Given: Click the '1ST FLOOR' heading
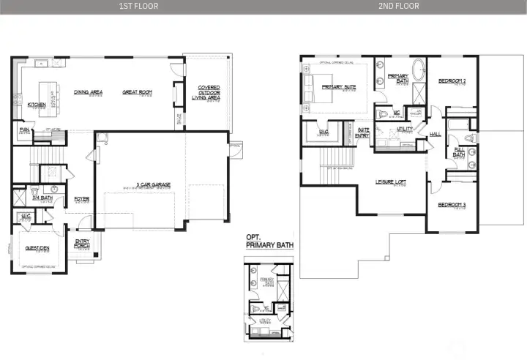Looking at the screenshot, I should point(138,7).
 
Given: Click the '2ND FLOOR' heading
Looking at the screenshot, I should point(399,7).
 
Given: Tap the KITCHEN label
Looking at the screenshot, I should point(37,105).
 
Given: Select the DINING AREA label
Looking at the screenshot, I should point(88,92).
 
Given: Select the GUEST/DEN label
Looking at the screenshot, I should point(37,249).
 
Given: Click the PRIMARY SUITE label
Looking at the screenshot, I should point(339,87).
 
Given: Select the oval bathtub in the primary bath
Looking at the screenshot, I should point(418,72).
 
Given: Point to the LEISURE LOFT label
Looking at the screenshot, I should point(391,181).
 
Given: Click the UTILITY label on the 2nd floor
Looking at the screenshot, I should point(405,129).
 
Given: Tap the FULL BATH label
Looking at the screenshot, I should point(459,151).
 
